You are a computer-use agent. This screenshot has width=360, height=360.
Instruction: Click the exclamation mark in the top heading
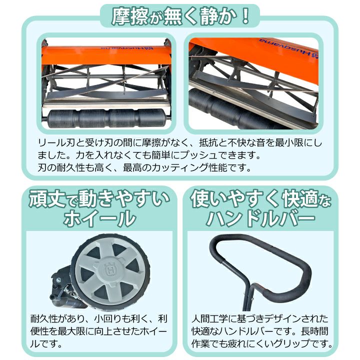click(245, 16)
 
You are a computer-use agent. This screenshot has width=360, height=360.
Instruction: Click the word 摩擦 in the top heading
click(129, 16)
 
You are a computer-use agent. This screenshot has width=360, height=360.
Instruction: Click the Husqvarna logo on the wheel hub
click(109, 269)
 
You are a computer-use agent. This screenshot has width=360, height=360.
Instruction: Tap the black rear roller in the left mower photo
click(106, 118)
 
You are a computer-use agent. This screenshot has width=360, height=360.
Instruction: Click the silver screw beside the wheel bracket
click(58, 280)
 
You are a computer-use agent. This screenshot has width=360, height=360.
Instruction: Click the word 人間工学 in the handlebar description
click(210, 318)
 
